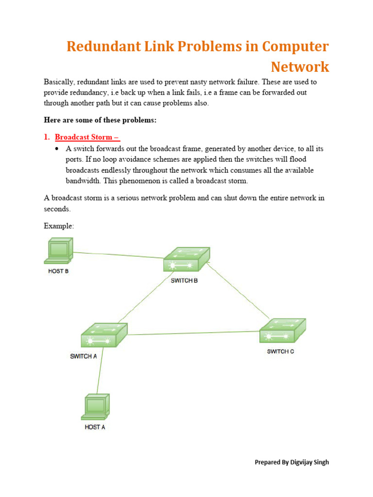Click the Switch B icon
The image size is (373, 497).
coord(186,260)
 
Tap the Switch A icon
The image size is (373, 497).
coord(104,335)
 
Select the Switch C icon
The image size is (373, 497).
coord(283,331)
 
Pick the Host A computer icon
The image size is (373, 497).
coord(95,407)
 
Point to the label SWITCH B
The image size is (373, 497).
coord(185,281)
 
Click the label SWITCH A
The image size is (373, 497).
coord(84,356)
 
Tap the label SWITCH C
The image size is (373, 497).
coord(280,351)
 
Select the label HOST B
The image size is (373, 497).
coord(58,271)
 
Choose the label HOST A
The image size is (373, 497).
coord(95,427)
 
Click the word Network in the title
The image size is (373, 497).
coord(300,66)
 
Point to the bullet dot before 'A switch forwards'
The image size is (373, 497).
coord(57,149)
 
